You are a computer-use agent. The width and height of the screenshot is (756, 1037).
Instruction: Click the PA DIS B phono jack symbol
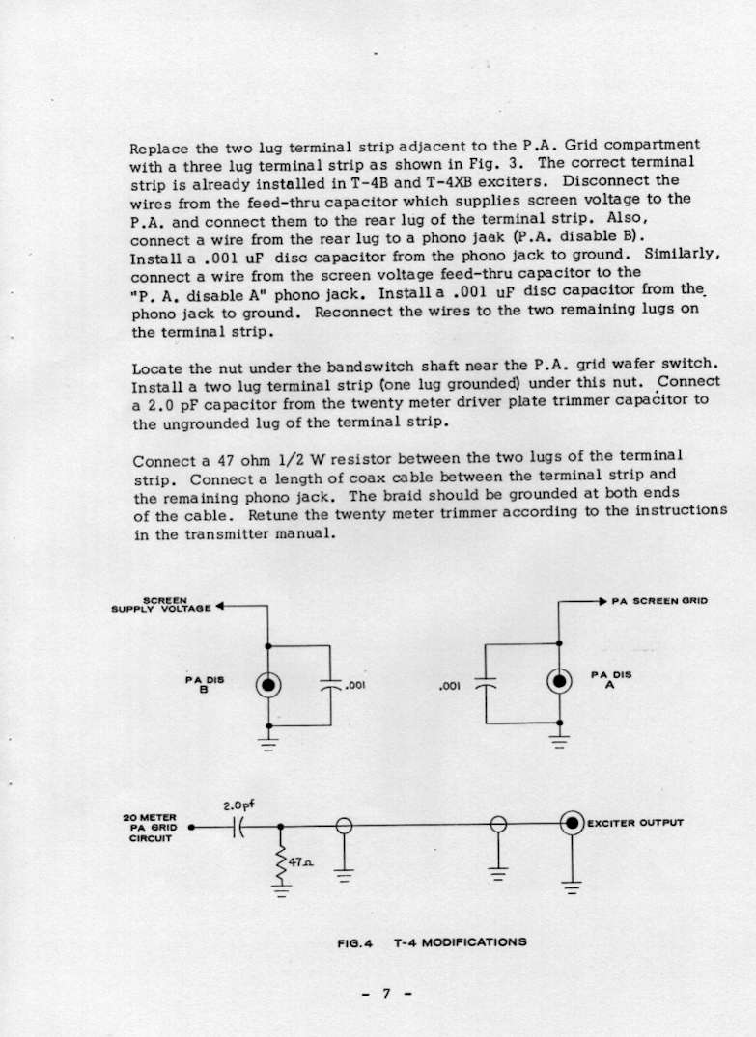click(268, 685)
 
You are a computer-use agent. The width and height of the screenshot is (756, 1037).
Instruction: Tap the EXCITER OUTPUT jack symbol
click(573, 823)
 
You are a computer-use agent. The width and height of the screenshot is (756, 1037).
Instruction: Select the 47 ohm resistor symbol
click(282, 860)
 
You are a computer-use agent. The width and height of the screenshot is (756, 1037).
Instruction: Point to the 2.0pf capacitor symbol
click(238, 827)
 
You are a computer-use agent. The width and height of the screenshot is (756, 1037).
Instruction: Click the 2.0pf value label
click(238, 804)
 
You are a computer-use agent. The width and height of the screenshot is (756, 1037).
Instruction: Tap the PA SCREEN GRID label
click(659, 601)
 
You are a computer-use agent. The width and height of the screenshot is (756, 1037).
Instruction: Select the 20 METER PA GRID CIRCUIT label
click(149, 828)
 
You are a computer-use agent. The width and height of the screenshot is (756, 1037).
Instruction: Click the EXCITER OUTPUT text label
click(635, 823)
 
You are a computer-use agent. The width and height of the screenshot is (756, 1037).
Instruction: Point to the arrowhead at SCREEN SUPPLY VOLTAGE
click(220, 606)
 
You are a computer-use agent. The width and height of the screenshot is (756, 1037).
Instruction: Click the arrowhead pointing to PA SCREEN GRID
click(602, 601)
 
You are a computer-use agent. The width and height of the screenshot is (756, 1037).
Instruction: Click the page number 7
click(385, 995)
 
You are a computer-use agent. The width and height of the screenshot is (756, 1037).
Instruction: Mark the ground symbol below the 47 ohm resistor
click(281, 891)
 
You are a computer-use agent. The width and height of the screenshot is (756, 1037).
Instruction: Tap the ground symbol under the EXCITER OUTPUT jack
click(572, 888)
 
